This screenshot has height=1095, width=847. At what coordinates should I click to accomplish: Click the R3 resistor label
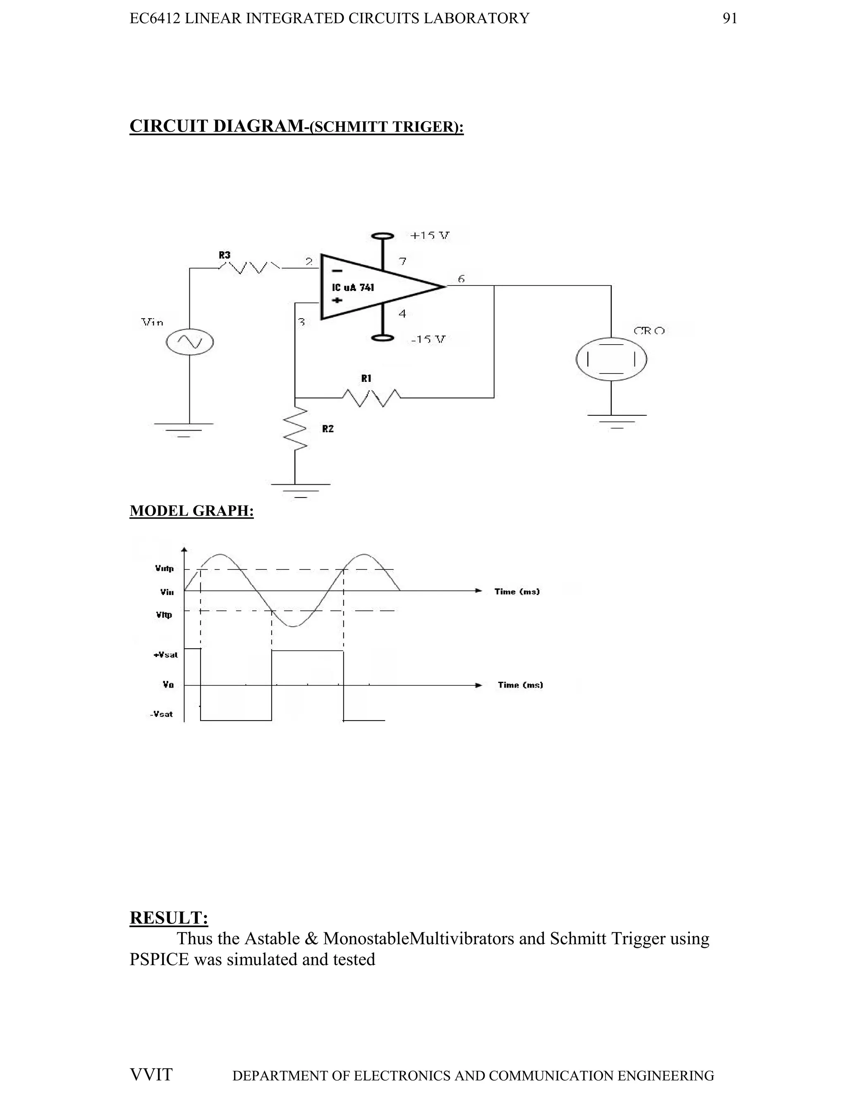pyautogui.click(x=224, y=255)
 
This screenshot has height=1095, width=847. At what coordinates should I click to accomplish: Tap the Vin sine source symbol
pyautogui.click(x=190, y=342)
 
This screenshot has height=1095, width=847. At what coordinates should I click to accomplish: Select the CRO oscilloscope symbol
pyautogui.click(x=611, y=359)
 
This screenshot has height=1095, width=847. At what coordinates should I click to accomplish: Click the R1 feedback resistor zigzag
pyautogui.click(x=371, y=398)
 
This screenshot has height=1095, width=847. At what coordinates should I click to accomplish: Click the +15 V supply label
pyautogui.click(x=430, y=235)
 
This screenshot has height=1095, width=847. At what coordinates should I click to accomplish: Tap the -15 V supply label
pyautogui.click(x=428, y=339)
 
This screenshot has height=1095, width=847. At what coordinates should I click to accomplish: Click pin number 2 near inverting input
pyautogui.click(x=309, y=261)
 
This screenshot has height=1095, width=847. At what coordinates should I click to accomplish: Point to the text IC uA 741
pyautogui.click(x=353, y=288)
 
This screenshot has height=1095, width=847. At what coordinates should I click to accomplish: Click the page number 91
pyautogui.click(x=730, y=19)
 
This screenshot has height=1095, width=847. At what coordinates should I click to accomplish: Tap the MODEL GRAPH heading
pyautogui.click(x=191, y=510)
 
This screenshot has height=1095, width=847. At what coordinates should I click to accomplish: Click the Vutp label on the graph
pyautogui.click(x=164, y=569)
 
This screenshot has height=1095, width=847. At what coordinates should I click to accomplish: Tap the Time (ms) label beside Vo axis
pyautogui.click(x=520, y=685)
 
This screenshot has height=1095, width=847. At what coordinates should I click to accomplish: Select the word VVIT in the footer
pyautogui.click(x=151, y=1074)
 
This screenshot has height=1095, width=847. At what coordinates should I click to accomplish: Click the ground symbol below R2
pyautogui.click(x=300, y=489)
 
